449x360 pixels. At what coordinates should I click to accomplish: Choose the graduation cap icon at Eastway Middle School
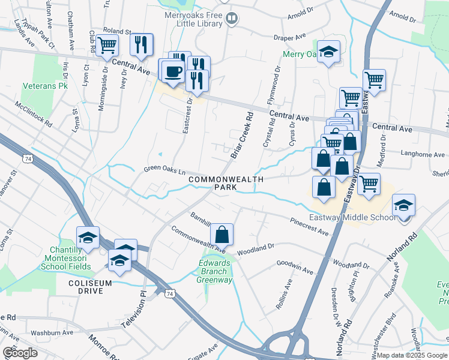(x=404, y=205)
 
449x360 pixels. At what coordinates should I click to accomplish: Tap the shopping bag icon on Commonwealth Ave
(x=221, y=233)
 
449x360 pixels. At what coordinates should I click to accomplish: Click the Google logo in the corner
(x=20, y=352)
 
